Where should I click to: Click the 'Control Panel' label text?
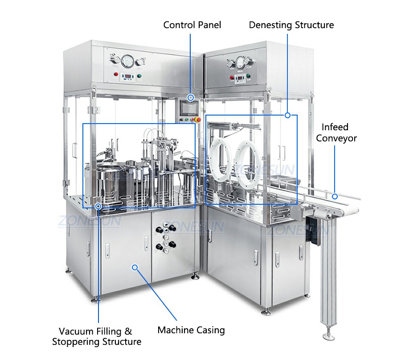click(192, 25)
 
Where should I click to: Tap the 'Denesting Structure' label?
click(291, 25)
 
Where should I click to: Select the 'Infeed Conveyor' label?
click(336, 132)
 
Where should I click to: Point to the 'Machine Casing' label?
click(191, 330)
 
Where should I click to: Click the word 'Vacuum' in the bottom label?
click(76, 331)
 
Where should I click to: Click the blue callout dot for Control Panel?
click(191, 98)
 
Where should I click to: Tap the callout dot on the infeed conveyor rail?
click(335, 196)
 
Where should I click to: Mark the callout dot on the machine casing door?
click(135, 268)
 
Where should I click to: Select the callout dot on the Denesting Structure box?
click(287, 115)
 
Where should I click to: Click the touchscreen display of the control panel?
click(189, 108)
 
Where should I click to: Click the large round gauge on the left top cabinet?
click(127, 61)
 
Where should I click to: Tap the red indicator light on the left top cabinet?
click(116, 74)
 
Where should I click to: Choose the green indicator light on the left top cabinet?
click(139, 76)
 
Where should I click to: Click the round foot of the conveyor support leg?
click(329, 336)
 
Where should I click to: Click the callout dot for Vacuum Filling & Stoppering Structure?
click(98, 206)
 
